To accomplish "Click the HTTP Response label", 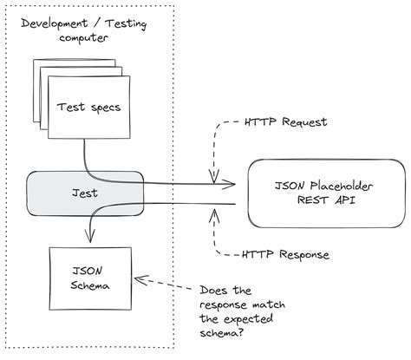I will pyautogui.click(x=285, y=255).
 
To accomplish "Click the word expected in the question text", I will pyautogui.click(x=252, y=319).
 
